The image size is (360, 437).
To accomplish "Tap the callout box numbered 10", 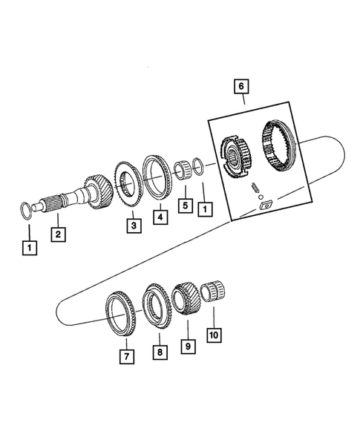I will pos(215,335).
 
